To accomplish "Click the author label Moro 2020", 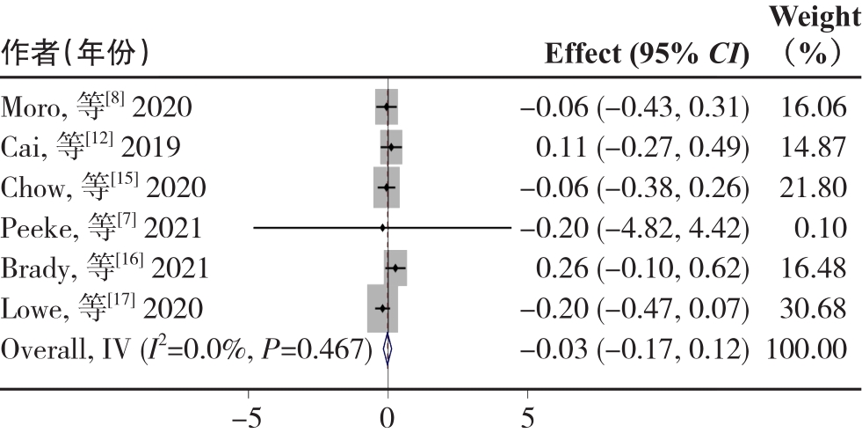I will point(97,107).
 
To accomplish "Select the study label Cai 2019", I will point(91,148).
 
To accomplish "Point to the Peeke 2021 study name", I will point(101,228).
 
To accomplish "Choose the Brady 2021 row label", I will point(105,268).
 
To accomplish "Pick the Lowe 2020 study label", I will point(102,309).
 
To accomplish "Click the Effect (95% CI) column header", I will point(647,55).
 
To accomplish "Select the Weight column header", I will point(814,35).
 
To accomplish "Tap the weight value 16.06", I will point(814,107).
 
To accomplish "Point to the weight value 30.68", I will point(814,309).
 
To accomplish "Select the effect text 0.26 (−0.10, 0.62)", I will point(642,268).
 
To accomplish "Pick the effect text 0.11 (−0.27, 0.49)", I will point(642,148).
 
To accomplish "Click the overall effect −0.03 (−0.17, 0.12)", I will point(635,349).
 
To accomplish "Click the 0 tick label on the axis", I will point(388,415).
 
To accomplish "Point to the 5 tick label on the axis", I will point(528,415).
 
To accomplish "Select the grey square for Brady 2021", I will point(395,268).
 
